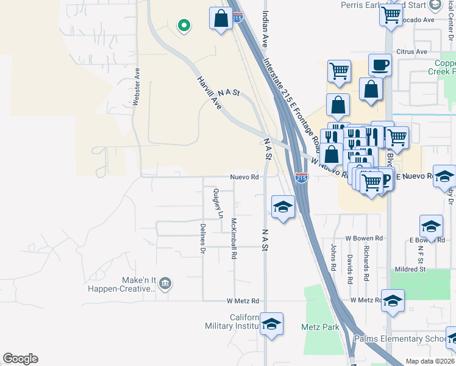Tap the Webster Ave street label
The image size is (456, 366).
pos(137,87)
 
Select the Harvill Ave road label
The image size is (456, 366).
pos(208,93)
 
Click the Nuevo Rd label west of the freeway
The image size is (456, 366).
pos(244,178)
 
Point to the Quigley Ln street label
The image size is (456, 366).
pos(217,203)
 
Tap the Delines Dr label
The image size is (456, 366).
pos(203,238)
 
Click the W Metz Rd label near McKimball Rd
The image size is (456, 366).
pos(243,301)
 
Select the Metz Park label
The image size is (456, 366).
pos(320,328)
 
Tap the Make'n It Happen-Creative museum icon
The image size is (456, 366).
pos(165,284)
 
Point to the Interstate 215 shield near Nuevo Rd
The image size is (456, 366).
pos(302,178)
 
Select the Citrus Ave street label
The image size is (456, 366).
pos(411,52)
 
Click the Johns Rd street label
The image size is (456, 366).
pos(333,257)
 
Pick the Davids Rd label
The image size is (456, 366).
pos(350,269)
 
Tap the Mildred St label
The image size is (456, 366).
pos(410,269)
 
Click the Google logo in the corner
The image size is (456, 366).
pos(20,359)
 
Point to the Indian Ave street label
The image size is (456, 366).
pos(265,30)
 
